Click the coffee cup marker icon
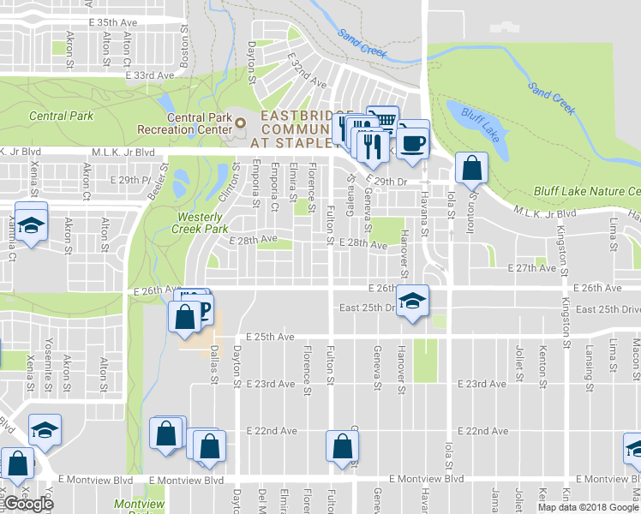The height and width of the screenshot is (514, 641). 413,141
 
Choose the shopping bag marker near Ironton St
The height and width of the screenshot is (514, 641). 471,169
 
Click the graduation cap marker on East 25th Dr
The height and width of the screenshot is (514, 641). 413,302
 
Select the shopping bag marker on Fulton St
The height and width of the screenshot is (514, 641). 342,446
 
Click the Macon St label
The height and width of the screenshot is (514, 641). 636,354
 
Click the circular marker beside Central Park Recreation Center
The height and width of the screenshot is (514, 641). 240,123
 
